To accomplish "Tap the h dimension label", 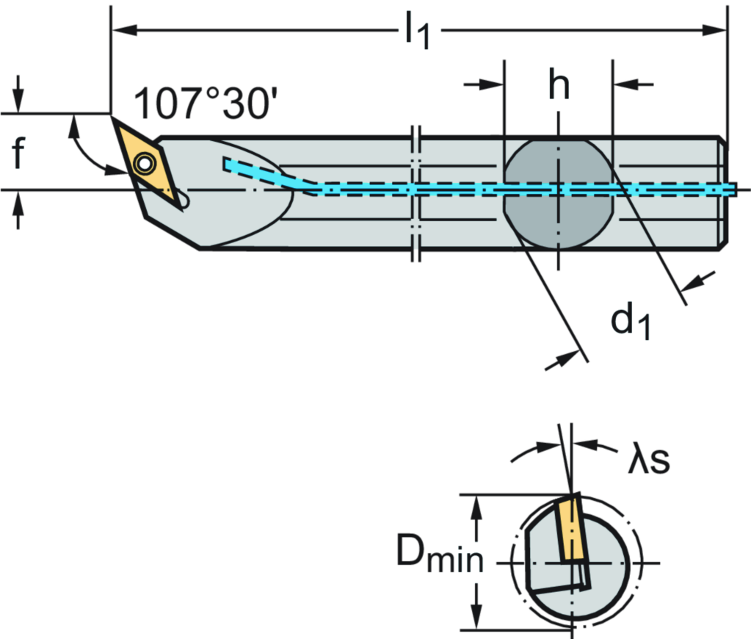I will (559, 83).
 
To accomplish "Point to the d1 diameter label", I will (630, 322).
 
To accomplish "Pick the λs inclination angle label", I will (649, 461).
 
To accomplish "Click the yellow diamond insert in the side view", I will (150, 163).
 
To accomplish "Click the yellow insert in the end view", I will (569, 530).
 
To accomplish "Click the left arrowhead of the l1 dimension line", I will (120, 30).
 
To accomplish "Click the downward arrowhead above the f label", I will (18, 102).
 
